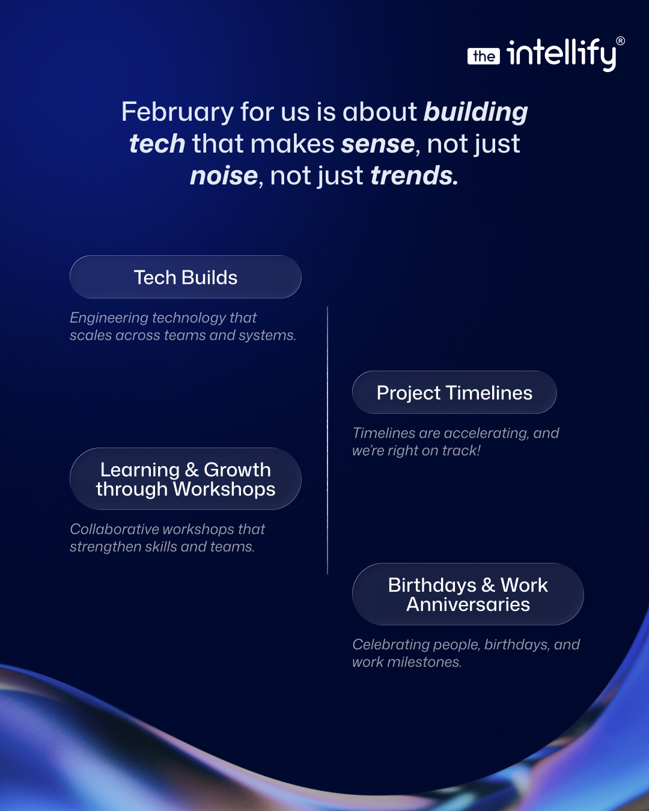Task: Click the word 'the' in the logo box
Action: pyautogui.click(x=484, y=56)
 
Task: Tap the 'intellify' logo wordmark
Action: pyautogui.click(x=561, y=54)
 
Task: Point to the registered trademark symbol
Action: pyautogui.click(x=620, y=41)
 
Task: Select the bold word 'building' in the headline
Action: pyautogui.click(x=475, y=112)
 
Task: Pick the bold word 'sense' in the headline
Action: pyautogui.click(x=378, y=144)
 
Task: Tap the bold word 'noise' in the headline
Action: pyautogui.click(x=224, y=175)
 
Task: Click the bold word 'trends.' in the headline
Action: pyautogui.click(x=414, y=175)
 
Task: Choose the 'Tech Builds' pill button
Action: pyautogui.click(x=186, y=277)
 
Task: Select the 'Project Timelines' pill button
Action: pyautogui.click(x=454, y=392)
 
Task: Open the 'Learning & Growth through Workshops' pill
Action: pyautogui.click(x=186, y=479)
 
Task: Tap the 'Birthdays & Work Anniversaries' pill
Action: pyautogui.click(x=468, y=594)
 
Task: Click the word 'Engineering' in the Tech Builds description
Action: pyautogui.click(x=109, y=318)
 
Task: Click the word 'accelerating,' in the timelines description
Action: pyautogui.click(x=487, y=434)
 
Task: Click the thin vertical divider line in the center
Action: pyautogui.click(x=328, y=440)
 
